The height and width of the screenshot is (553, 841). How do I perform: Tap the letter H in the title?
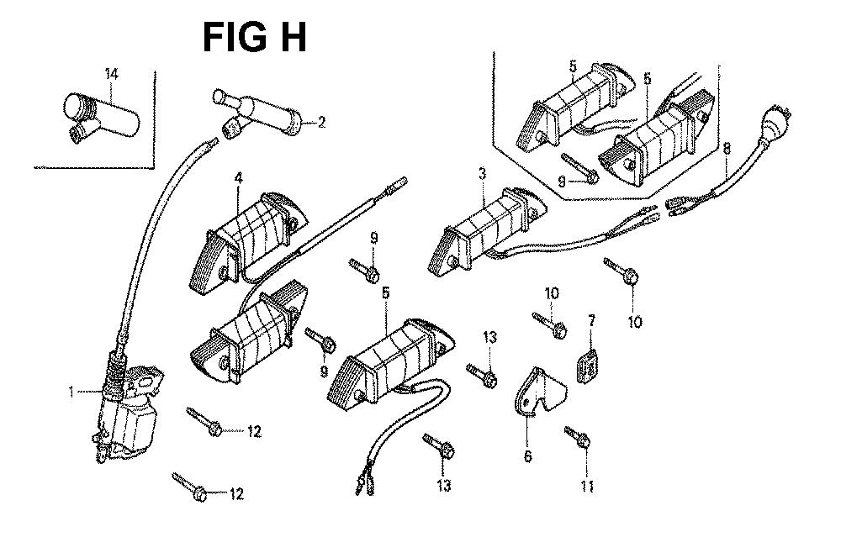point(290,38)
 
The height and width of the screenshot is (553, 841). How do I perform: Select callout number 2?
point(321,123)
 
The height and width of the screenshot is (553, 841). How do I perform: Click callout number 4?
point(239,178)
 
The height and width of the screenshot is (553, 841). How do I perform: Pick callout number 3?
point(482,174)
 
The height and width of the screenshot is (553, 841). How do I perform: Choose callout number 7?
point(591,320)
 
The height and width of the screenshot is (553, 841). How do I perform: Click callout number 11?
point(586,487)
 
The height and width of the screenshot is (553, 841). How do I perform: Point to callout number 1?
point(72,391)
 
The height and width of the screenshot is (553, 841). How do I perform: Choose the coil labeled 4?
point(248,231)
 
